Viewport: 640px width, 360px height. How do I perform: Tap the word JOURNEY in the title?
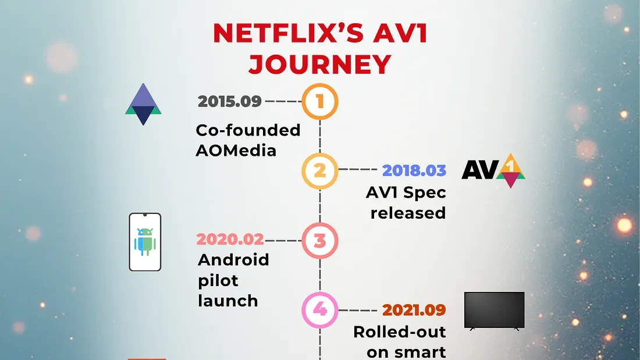(x=319, y=64)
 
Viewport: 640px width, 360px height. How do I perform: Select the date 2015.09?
(x=229, y=101)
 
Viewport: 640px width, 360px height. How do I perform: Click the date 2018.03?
(x=414, y=170)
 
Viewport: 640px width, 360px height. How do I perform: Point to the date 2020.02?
(x=230, y=239)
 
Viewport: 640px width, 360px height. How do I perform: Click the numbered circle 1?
(x=319, y=102)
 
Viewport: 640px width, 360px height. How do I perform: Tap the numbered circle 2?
(x=319, y=171)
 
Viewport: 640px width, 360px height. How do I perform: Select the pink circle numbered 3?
(x=319, y=240)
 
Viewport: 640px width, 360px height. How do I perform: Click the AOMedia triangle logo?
(x=143, y=105)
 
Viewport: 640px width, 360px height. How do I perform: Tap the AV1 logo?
(x=493, y=170)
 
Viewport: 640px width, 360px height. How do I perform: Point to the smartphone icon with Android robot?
(x=145, y=242)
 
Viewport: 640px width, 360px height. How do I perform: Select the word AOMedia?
(x=236, y=150)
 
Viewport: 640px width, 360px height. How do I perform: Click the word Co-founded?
(x=248, y=130)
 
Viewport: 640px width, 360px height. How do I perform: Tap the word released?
(x=408, y=213)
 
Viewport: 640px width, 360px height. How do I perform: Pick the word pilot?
(x=218, y=280)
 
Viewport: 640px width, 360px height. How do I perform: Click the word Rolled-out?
(x=399, y=332)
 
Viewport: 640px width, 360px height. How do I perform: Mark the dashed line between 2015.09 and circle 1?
(x=283, y=101)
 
